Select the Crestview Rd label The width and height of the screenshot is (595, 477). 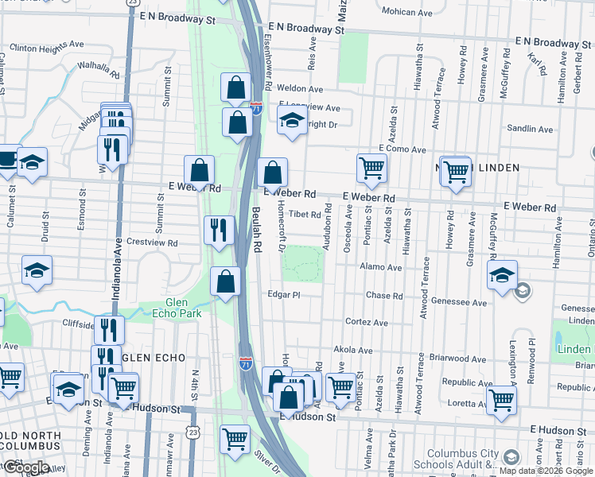(x=151, y=242)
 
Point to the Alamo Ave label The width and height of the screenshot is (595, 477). (x=381, y=268)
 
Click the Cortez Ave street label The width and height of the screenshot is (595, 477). (x=367, y=323)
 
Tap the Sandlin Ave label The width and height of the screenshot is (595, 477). (x=529, y=129)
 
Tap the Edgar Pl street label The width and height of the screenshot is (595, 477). (x=283, y=295)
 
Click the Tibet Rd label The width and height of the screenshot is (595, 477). (x=305, y=214)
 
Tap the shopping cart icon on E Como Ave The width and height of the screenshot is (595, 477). (x=371, y=169)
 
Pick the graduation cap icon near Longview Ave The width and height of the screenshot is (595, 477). (x=292, y=120)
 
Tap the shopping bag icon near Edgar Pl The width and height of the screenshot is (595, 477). (x=226, y=281)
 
